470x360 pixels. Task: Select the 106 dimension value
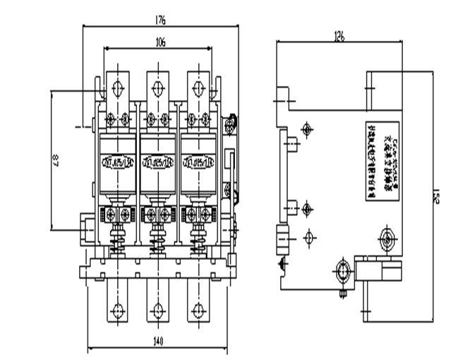point(159,42)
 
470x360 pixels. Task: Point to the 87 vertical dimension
point(55,161)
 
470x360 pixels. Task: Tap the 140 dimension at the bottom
point(157,342)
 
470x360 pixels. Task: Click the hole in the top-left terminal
point(117,88)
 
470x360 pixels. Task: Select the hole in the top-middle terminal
point(156,88)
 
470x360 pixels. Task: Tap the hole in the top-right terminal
point(197,88)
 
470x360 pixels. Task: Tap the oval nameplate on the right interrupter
point(197,160)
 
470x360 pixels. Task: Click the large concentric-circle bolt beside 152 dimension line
point(387,235)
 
